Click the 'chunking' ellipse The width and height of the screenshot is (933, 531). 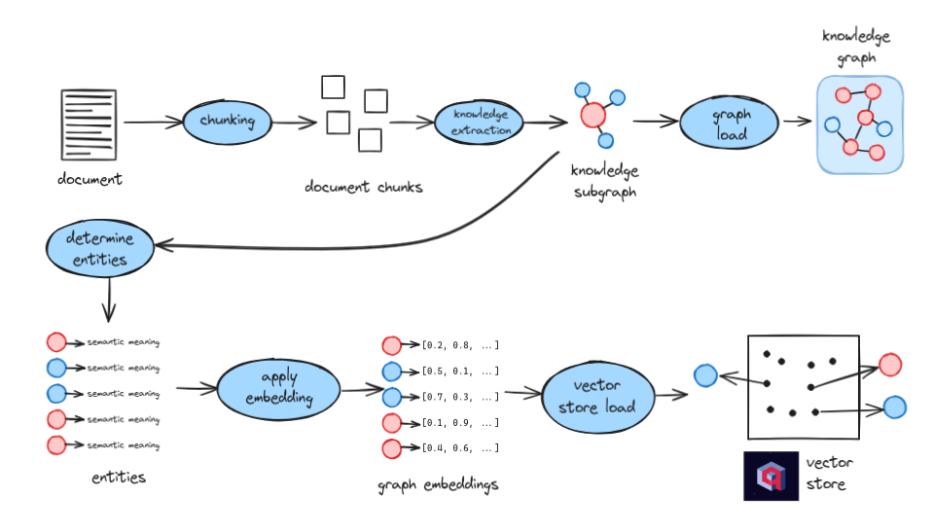tap(228, 122)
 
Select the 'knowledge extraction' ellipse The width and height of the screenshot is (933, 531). tap(480, 122)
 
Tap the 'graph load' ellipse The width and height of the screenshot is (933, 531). tap(730, 123)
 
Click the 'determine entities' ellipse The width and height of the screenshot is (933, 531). tap(100, 248)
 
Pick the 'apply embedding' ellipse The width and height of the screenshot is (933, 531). tap(279, 389)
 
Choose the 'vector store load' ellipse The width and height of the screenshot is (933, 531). tap(598, 397)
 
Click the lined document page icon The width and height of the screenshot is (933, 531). tap(89, 124)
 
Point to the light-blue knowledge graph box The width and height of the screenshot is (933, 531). tap(860, 124)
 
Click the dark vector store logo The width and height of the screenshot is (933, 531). tap(772, 476)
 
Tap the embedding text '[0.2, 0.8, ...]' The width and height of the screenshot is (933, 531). tap(460, 345)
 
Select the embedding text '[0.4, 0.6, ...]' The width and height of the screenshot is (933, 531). tap(460, 448)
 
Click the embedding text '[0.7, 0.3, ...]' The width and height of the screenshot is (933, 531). tap(460, 397)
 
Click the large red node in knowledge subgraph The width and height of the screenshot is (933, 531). tap(593, 115)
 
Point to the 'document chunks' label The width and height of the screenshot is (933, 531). tap(364, 187)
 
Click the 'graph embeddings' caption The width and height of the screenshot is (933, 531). tap(438, 485)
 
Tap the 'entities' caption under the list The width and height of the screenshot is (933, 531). tap(119, 477)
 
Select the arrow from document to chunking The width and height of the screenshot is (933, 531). tap(154, 123)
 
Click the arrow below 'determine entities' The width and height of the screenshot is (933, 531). tap(109, 301)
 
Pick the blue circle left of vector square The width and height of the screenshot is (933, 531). tap(705, 375)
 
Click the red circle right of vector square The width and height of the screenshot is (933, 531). tap(890, 365)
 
